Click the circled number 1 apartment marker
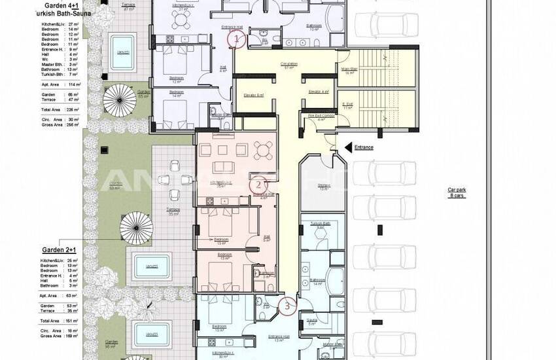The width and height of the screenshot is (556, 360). pos(237,39)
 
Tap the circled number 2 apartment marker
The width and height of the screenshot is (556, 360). pos(258,185)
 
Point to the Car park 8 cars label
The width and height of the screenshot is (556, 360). pos(457,192)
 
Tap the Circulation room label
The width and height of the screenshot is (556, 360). pos(288,64)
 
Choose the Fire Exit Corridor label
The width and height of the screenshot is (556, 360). pos(321,116)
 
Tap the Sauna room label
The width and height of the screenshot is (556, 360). pos(312,321)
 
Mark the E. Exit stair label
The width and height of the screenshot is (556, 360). pos(347,105)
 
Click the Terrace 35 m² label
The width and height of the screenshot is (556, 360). pos(173,211)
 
